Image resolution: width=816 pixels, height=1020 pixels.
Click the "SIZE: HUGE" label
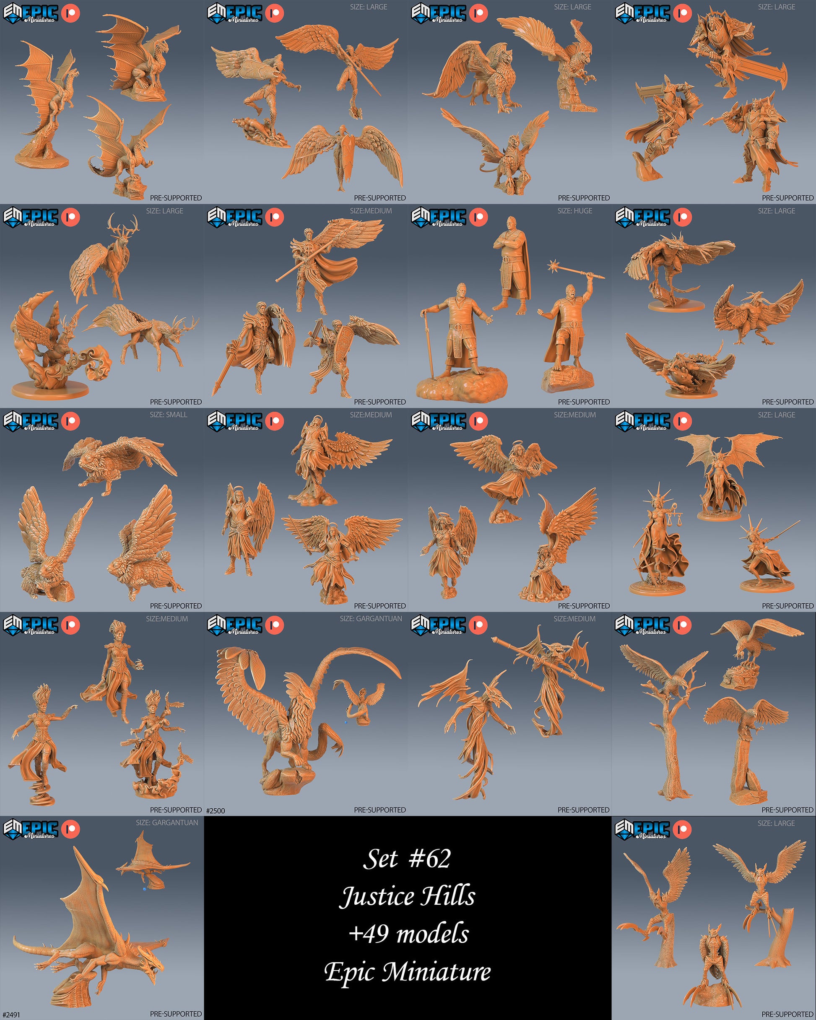[574, 211]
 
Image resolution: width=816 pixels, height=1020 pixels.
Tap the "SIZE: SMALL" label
[169, 415]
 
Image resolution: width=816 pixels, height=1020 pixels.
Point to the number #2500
[216, 810]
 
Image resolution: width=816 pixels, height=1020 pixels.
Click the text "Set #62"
[407, 859]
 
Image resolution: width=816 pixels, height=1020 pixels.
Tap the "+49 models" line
[408, 933]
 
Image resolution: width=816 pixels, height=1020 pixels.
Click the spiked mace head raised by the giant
[553, 266]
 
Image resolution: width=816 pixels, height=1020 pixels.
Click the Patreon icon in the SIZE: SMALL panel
[70, 420]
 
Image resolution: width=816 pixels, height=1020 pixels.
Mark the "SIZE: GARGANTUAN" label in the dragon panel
[166, 823]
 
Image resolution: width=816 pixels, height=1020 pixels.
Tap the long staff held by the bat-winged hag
[548, 664]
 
